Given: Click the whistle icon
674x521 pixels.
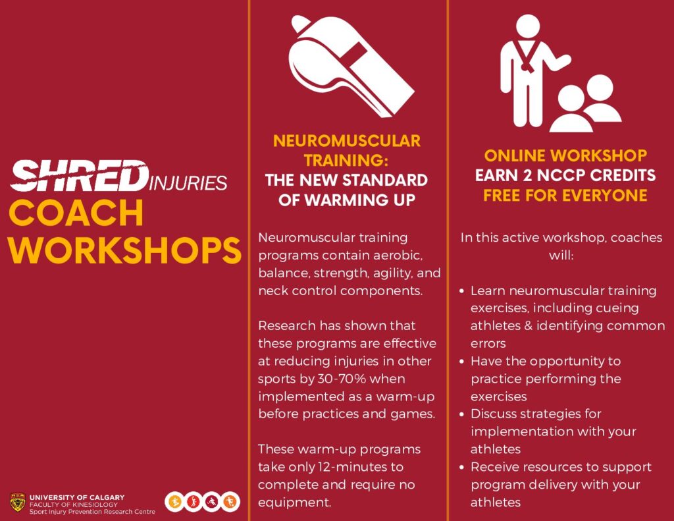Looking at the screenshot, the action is click(348, 65).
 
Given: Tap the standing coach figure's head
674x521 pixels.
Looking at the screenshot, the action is click(527, 26).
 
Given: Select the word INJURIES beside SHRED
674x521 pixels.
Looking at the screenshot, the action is click(188, 183).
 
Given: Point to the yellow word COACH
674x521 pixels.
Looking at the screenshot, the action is click(76, 213).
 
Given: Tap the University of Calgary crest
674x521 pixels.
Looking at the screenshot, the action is click(17, 503).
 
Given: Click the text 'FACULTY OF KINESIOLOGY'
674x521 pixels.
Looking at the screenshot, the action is click(74, 505).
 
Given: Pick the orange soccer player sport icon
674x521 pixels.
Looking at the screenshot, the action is click(230, 502).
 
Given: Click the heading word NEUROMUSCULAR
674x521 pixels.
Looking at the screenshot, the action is click(346, 141).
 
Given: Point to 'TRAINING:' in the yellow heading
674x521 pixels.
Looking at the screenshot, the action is click(346, 161).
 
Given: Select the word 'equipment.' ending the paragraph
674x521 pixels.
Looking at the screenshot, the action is click(295, 503).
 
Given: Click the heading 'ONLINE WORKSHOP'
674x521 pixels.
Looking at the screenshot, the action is click(565, 155).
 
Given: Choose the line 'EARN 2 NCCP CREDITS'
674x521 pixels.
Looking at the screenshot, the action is click(565, 175).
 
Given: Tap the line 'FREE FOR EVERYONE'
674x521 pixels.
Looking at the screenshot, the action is click(565, 196).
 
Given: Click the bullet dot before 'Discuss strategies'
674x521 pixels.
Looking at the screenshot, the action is click(461, 415).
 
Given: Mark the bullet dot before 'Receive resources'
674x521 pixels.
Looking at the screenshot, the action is click(461, 468).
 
